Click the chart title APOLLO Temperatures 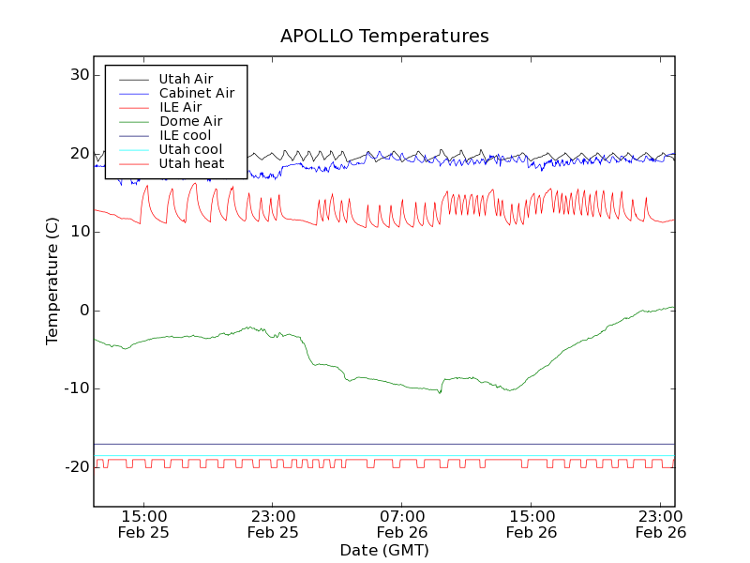pos(384,37)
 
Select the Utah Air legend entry pos(186,79)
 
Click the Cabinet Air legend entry pos(196,93)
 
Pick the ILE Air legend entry pos(180,107)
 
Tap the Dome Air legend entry pos(190,121)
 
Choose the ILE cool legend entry pos(185,135)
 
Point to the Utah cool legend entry pos(190,149)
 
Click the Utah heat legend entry pos(191,163)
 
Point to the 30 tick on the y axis pos(79,75)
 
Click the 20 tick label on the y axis pos(79,154)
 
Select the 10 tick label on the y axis pos(79,232)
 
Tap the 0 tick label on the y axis pos(83,311)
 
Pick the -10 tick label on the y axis pos(76,388)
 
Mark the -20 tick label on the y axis pos(76,467)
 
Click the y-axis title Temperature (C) pos(52,281)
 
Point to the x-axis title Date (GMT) pos(384,550)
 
